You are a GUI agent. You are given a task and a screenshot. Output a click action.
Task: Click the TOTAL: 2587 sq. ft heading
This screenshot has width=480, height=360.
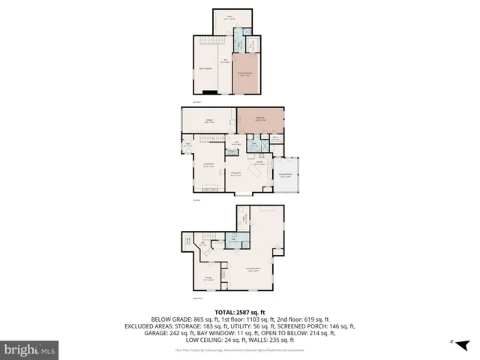(239, 312)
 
